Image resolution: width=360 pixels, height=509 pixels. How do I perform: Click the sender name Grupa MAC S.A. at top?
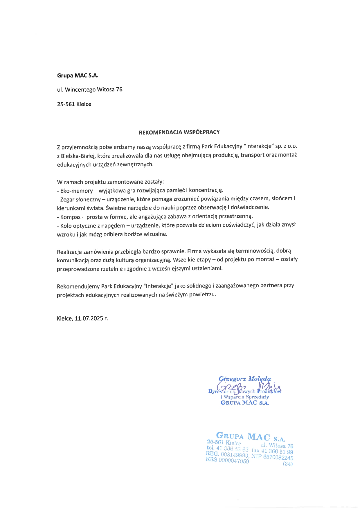click(x=78, y=76)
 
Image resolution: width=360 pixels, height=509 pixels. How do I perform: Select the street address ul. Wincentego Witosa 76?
click(x=90, y=90)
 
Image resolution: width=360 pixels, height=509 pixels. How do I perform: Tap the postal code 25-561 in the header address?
click(x=66, y=104)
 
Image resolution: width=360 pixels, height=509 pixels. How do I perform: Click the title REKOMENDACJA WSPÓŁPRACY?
click(x=179, y=132)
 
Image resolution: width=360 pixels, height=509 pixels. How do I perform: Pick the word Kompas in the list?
click(x=70, y=217)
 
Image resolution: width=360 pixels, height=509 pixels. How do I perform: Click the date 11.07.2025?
click(x=89, y=319)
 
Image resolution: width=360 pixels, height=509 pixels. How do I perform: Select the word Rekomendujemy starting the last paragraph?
click(x=78, y=286)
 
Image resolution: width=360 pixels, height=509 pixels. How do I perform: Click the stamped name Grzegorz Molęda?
click(x=245, y=379)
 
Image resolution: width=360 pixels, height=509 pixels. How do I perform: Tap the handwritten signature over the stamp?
click(x=247, y=387)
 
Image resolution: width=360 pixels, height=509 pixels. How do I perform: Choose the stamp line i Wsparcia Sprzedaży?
click(x=245, y=397)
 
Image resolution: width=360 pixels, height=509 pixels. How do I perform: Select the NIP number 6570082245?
click(x=278, y=457)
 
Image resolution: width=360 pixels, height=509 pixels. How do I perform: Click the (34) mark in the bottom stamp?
click(x=288, y=464)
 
